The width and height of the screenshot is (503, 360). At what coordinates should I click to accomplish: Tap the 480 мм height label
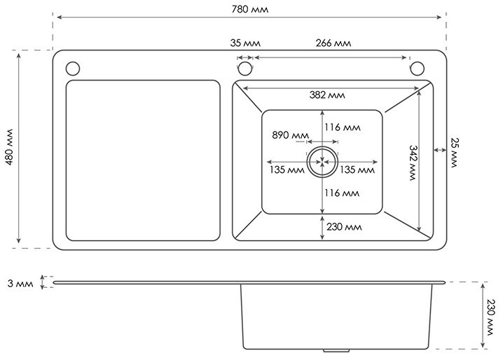pyautogui.click(x=8, y=148)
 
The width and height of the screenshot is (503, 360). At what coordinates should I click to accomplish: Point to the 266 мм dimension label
pyautogui.click(x=333, y=43)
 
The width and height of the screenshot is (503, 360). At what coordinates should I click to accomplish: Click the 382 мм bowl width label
pyautogui.click(x=328, y=95)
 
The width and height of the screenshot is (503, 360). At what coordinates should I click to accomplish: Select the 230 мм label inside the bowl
pyautogui.click(x=344, y=227)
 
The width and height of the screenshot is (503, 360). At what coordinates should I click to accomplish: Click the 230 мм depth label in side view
pyautogui.click(x=491, y=316)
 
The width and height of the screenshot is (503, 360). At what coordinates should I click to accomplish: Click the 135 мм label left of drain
pyautogui.click(x=286, y=169)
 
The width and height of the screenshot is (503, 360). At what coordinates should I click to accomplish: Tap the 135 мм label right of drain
pyautogui.click(x=357, y=169)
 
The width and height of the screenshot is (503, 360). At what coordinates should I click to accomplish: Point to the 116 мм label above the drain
pyautogui.click(x=343, y=127)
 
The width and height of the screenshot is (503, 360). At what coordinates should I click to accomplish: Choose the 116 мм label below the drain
pyautogui.click(x=343, y=193)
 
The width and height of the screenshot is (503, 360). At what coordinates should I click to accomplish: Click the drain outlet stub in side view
pyautogui.click(x=336, y=348)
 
